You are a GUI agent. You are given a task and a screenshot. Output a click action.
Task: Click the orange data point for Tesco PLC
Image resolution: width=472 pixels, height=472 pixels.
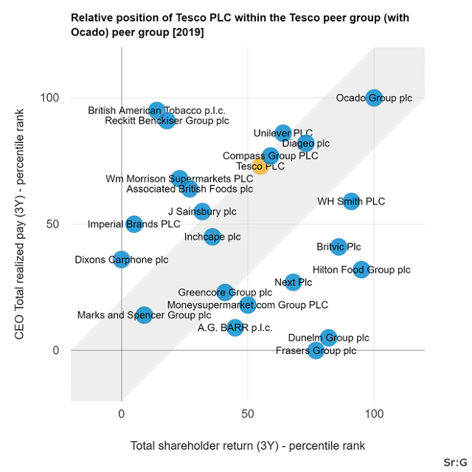pos(260,167)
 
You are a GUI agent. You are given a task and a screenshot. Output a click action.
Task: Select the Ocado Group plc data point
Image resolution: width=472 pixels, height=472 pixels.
pos(374,97)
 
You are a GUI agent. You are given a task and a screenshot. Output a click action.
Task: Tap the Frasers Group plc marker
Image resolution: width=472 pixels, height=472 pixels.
pos(316,350)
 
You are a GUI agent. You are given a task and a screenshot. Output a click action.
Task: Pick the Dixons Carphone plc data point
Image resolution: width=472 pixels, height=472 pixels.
pos(122,260)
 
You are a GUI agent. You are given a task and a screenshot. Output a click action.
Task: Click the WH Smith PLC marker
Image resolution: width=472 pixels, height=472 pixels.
pos(351,201)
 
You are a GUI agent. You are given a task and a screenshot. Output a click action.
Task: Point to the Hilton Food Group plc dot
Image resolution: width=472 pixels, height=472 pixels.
pos(361,270)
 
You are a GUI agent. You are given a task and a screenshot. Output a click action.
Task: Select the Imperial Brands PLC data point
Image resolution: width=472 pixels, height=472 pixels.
pos(134,224)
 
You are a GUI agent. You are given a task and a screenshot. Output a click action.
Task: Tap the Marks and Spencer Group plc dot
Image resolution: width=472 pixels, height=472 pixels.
pos(144,315)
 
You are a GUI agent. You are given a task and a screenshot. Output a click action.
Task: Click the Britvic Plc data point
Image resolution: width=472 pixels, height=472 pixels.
pos(339,247)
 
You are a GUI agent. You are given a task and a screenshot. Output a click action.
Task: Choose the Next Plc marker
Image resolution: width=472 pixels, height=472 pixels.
pos(294,282)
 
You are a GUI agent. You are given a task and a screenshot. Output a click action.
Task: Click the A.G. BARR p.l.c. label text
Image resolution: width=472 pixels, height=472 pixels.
pos(232,328)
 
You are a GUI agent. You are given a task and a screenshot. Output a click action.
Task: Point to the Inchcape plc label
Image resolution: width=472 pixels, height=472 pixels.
pos(212,237)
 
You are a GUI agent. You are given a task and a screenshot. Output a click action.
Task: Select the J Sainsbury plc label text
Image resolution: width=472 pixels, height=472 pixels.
pos(202,212)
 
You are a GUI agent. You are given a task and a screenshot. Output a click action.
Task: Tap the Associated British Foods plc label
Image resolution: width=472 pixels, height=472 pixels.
pos(190,189)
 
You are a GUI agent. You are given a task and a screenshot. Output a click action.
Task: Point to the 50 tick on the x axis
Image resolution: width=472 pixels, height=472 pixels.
pos(248,414)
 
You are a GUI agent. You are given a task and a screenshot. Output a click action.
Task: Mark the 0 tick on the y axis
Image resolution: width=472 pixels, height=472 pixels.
pos(55,350)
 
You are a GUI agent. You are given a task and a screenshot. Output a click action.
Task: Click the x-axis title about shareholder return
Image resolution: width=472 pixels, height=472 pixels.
pos(248,446)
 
